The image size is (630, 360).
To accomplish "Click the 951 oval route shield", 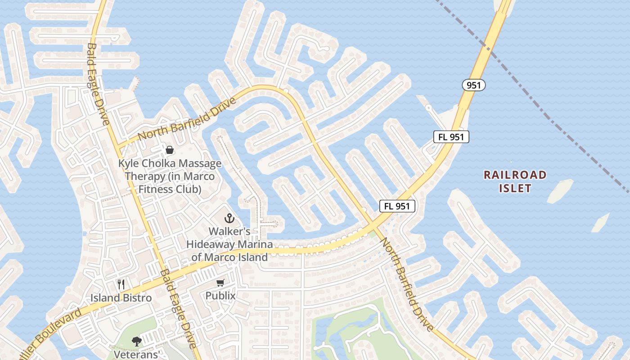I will (x=473, y=85).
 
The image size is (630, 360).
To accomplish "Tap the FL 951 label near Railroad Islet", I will (x=451, y=137).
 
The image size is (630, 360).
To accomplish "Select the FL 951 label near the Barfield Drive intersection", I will (x=397, y=206).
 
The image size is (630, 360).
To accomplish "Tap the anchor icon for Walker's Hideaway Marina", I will (x=229, y=219).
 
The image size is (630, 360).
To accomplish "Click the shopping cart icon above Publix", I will (x=220, y=283).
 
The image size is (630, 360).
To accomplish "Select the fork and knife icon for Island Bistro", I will (x=121, y=284).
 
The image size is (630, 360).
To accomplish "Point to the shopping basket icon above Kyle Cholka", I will (x=170, y=150).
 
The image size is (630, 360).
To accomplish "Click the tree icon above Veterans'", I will (x=136, y=342).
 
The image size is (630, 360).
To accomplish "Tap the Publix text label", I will (x=220, y=296).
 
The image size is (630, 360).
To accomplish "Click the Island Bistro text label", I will (x=121, y=298).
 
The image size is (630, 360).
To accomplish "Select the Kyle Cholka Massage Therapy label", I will (x=170, y=176).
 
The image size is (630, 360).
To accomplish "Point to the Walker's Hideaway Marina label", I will (x=230, y=244).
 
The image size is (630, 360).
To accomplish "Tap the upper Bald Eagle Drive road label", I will (x=98, y=85).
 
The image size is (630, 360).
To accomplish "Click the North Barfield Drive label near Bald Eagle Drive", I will (x=187, y=119).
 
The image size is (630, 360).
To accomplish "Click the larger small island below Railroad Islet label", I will (x=560, y=191).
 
